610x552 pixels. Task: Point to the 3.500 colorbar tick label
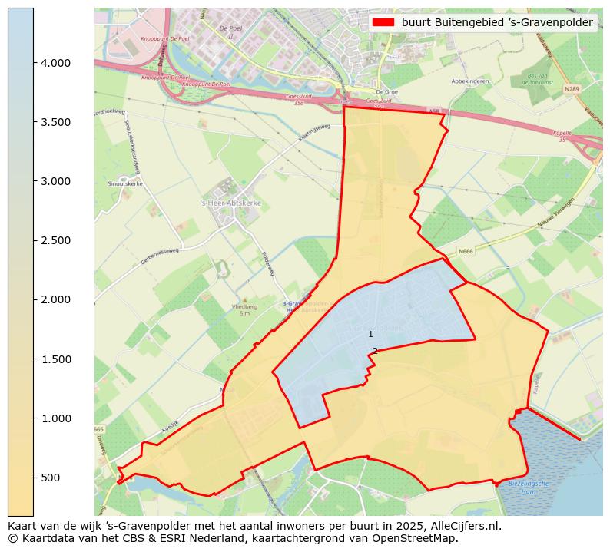click(55, 122)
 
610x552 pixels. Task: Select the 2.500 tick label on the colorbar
click(55, 240)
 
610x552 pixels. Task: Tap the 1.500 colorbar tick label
click(55, 359)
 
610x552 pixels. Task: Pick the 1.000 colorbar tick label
click(55, 418)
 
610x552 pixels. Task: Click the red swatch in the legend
click(383, 23)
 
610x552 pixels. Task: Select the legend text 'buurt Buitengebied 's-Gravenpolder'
click(497, 23)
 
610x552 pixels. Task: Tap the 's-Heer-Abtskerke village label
click(230, 203)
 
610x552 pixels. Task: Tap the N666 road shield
click(466, 251)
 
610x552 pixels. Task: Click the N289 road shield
click(571, 88)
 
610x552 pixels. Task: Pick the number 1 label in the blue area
click(370, 334)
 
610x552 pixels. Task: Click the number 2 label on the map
click(375, 351)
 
